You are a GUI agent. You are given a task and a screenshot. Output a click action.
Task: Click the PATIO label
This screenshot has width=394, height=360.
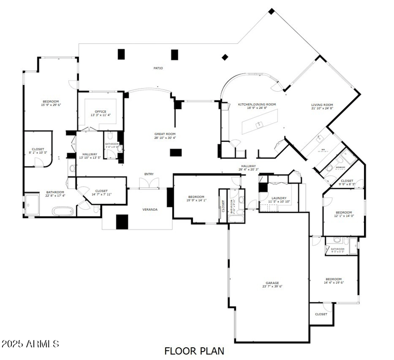[x=158, y=68]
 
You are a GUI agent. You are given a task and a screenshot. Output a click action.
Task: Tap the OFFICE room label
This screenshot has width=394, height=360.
[x=100, y=111]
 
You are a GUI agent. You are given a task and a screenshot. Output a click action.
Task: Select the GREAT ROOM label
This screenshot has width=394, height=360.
[x=164, y=134]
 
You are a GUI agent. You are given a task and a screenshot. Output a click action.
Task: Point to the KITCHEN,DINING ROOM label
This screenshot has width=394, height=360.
[x=257, y=104]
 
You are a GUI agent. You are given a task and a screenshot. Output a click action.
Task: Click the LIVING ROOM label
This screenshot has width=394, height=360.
[x=322, y=104]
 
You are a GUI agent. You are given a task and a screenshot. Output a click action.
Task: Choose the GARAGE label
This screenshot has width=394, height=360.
[x=272, y=283]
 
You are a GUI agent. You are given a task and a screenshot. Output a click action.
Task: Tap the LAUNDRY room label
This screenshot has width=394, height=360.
[x=279, y=198]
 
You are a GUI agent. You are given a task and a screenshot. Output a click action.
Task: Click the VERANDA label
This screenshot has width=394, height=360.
[x=150, y=209]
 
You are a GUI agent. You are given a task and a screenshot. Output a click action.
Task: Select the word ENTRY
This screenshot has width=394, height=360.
[x=149, y=174]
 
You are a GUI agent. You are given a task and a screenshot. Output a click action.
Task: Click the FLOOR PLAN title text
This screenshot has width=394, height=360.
[x=194, y=351]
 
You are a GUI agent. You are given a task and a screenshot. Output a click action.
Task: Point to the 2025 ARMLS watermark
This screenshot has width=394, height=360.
[x=30, y=343]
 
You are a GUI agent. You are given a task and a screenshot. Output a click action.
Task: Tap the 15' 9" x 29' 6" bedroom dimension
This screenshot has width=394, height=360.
[x=50, y=104]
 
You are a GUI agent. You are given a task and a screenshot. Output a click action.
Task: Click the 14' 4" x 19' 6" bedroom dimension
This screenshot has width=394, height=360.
[x=333, y=283]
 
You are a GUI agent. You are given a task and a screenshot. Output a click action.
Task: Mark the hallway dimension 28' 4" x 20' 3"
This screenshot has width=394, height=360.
[x=248, y=169]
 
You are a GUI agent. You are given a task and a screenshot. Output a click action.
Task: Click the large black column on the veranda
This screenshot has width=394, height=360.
[x=122, y=222]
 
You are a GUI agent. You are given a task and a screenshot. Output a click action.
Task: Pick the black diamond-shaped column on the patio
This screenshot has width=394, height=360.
[x=225, y=57]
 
